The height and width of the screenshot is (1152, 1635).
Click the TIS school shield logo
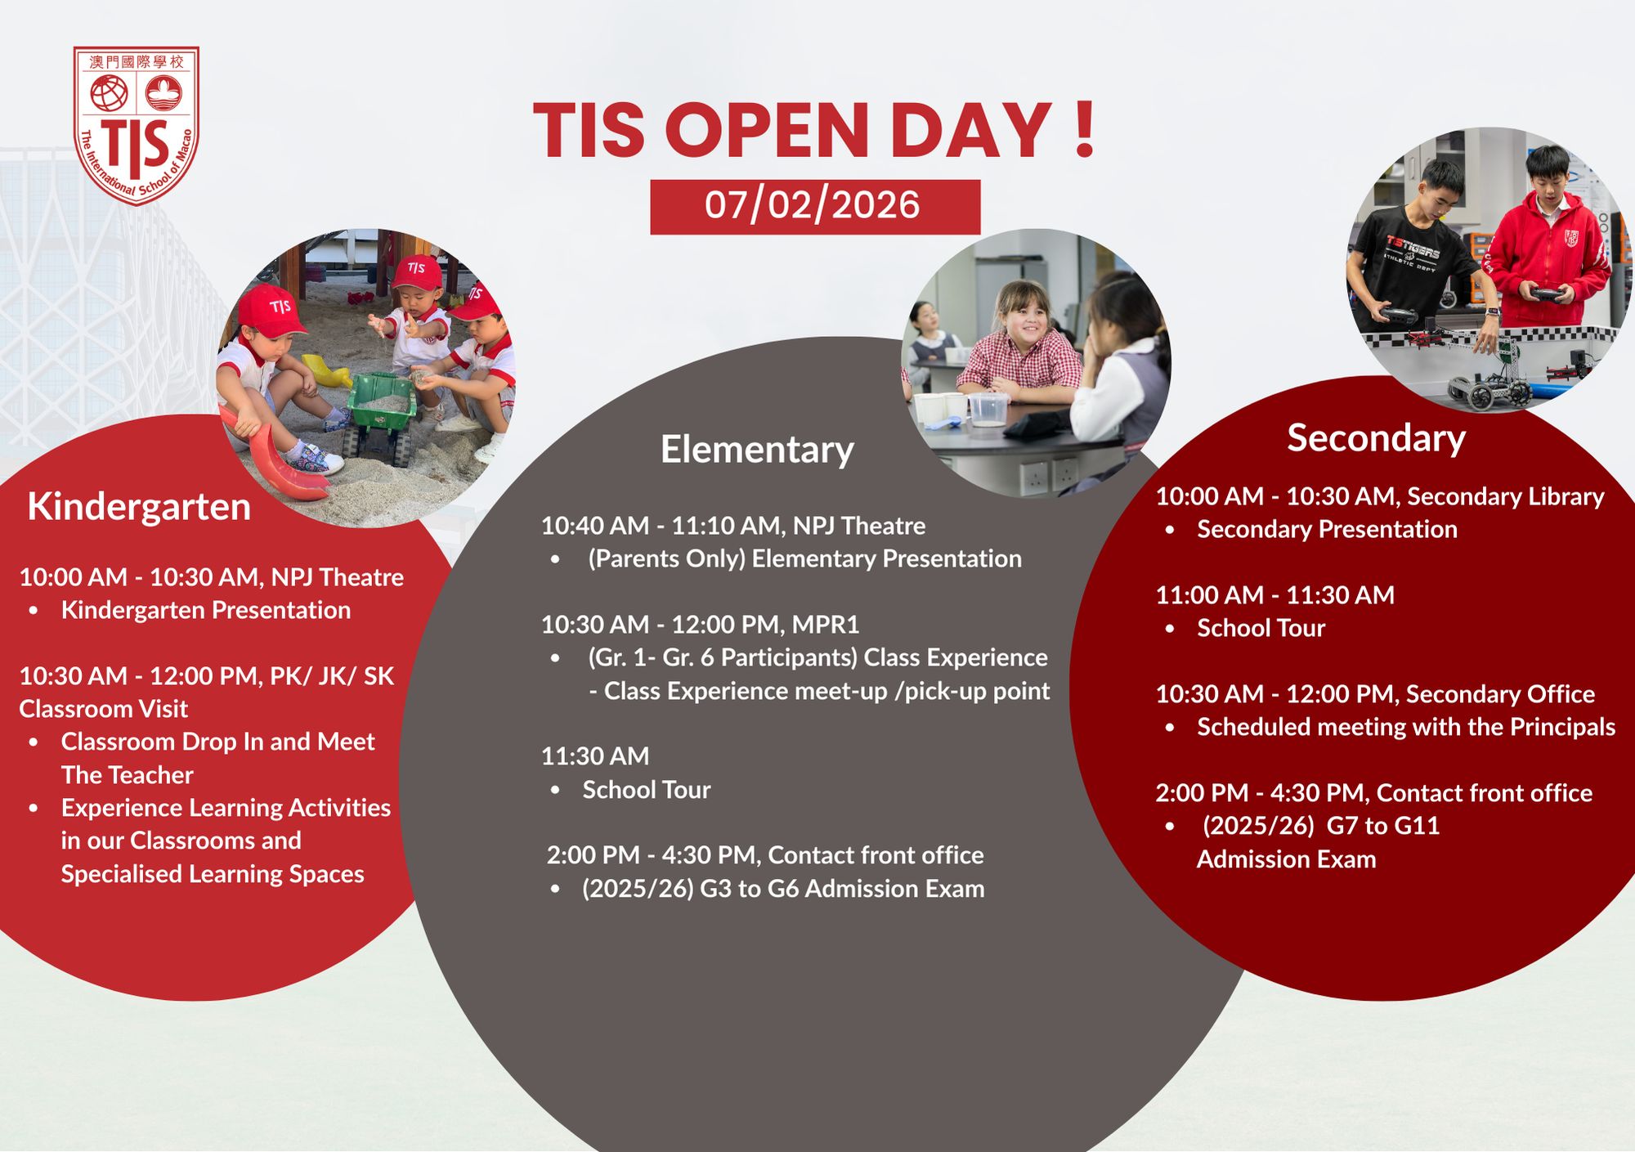point(137,124)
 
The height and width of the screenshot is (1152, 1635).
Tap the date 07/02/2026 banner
point(815,207)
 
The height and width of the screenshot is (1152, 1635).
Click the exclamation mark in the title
point(1085,129)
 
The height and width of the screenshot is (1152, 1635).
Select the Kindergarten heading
point(139,506)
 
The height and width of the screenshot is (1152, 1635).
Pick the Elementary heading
point(757,450)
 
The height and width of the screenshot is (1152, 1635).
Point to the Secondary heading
point(1377,438)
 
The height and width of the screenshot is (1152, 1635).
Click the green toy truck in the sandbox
point(381,413)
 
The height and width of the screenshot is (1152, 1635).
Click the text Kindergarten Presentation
point(206,610)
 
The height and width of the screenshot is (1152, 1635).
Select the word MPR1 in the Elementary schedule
point(826,625)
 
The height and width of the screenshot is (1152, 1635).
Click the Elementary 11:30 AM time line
point(595,756)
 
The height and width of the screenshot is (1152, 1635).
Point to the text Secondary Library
point(1505,496)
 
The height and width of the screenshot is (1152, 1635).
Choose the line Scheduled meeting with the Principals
point(1406,727)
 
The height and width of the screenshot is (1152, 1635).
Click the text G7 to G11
point(1383,826)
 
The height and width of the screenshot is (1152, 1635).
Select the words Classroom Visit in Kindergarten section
point(103,709)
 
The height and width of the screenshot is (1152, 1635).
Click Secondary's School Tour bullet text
point(1261,628)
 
